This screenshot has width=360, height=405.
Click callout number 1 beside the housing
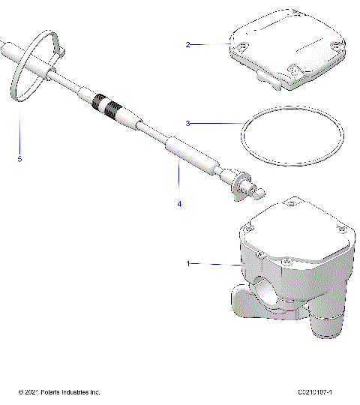(x=188, y=263)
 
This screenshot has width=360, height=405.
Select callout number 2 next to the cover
(x=188, y=44)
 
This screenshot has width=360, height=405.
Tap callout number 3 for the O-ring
(x=188, y=122)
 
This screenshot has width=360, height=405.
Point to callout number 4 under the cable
(x=179, y=203)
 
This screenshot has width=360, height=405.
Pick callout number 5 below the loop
(x=20, y=159)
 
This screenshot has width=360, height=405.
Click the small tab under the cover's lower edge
(x=264, y=78)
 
